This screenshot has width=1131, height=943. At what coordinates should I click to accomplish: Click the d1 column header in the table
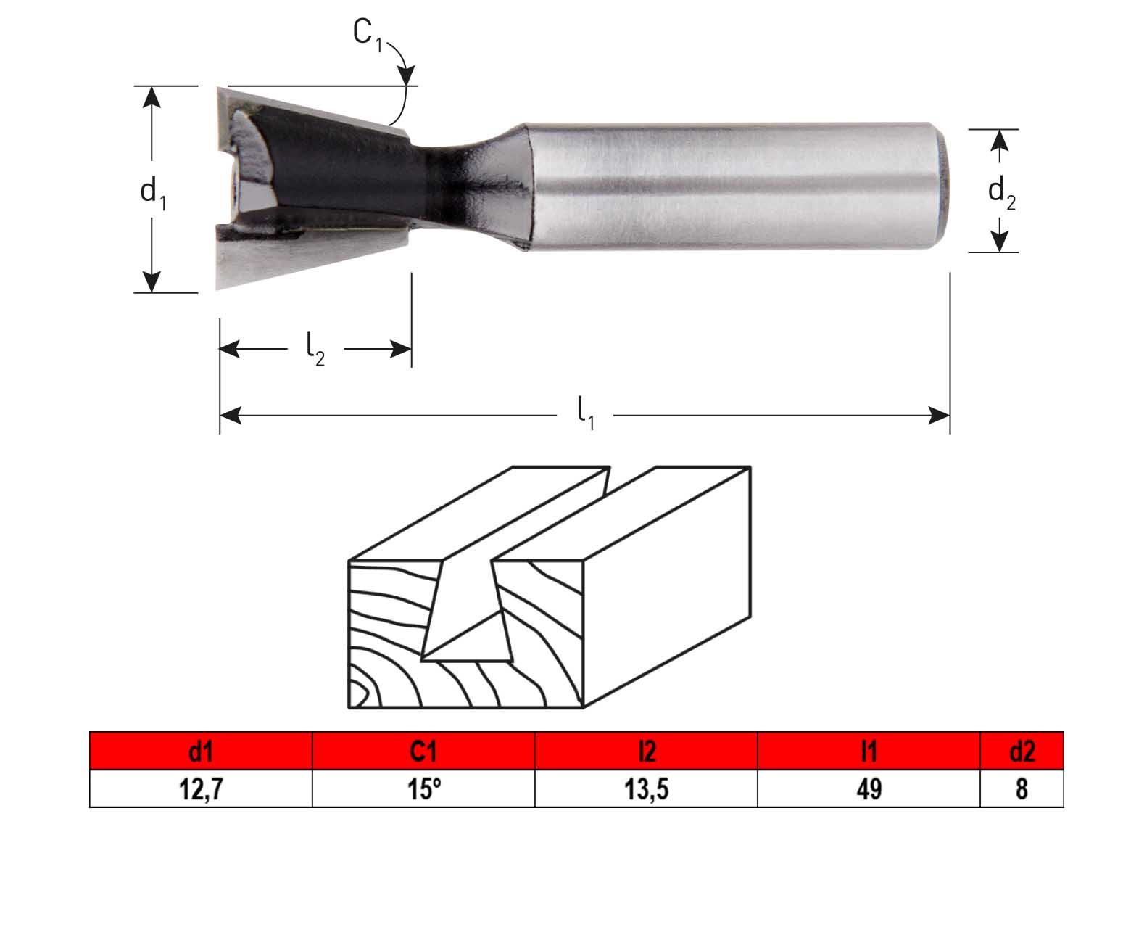(x=200, y=751)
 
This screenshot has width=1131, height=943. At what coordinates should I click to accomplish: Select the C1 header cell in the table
(x=423, y=751)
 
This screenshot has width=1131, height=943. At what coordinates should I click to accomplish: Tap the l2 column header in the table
(x=646, y=751)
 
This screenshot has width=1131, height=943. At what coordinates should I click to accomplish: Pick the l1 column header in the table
(x=869, y=751)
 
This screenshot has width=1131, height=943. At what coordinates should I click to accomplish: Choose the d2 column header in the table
(x=1022, y=751)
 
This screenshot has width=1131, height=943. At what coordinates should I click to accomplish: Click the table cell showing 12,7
(x=200, y=788)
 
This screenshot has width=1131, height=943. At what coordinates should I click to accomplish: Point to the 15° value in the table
(x=423, y=788)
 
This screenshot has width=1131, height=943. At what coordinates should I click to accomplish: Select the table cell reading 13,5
(x=646, y=788)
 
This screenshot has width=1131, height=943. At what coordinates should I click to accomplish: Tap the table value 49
(x=869, y=788)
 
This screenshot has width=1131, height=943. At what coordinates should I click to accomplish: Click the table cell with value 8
(x=1022, y=788)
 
